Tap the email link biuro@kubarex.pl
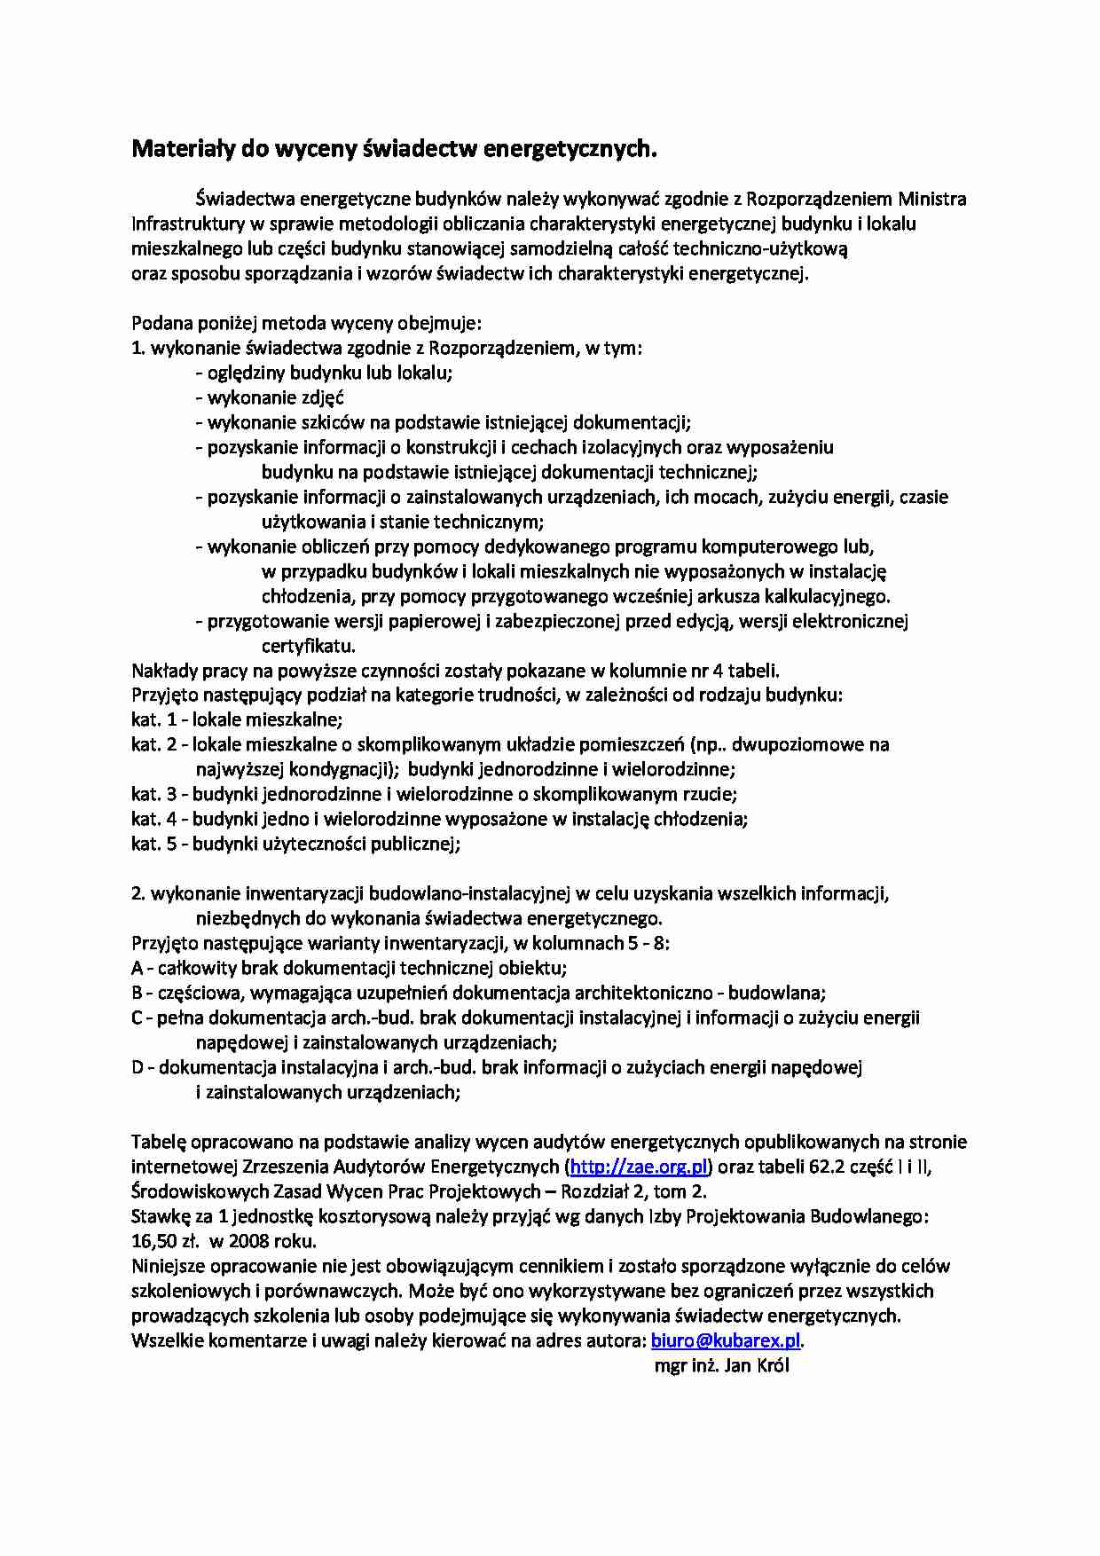(726, 1340)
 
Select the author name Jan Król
(757, 1365)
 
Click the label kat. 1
(153, 719)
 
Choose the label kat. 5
(153, 844)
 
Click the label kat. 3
(153, 794)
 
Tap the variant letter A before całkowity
(137, 968)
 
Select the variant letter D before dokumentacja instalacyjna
(137, 1067)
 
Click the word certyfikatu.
(308, 646)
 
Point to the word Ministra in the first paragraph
(932, 199)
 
